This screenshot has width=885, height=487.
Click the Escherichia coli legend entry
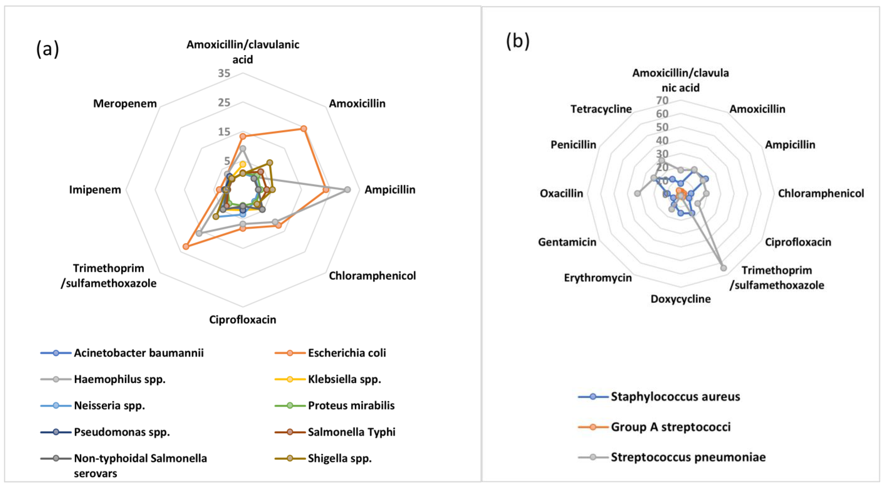[x=346, y=353]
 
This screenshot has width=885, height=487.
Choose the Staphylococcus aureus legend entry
[x=675, y=397]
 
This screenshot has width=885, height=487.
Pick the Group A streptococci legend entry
[x=670, y=427]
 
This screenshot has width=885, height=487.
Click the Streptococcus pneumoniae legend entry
[x=688, y=457]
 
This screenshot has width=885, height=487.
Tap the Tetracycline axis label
[x=601, y=109]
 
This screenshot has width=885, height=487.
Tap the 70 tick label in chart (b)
[x=662, y=100]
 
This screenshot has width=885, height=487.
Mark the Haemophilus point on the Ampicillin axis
[x=347, y=190]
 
